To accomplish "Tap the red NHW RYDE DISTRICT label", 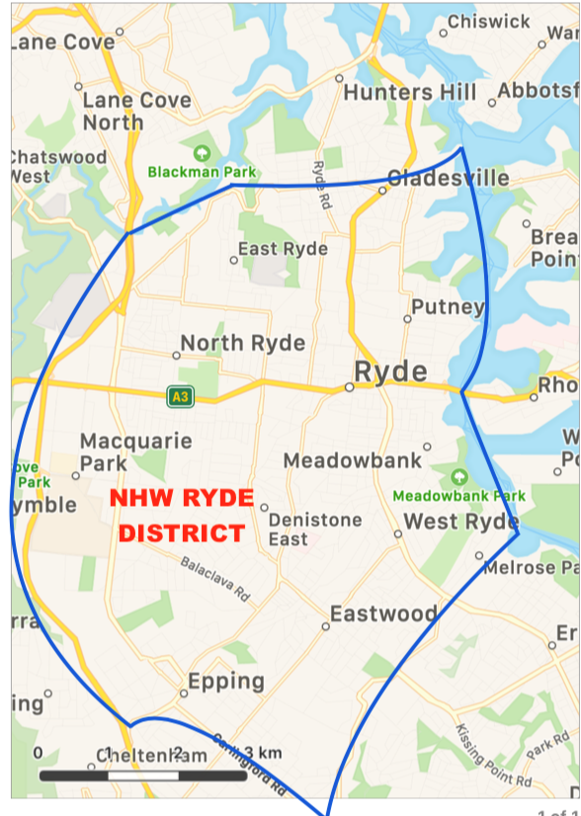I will pyautogui.click(x=182, y=515).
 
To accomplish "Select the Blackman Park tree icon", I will pyautogui.click(x=202, y=152).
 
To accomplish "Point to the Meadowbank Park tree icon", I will pyautogui.click(x=459, y=476).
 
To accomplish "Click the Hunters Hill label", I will pyautogui.click(x=402, y=93).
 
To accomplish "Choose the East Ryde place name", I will pyautogui.click(x=283, y=249).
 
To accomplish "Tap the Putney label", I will pyautogui.click(x=448, y=307).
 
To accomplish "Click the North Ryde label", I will pyautogui.click(x=242, y=344).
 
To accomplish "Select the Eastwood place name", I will pyautogui.click(x=383, y=614).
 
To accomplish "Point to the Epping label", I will pyautogui.click(x=226, y=681).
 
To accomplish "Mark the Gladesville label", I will pyautogui.click(x=449, y=178).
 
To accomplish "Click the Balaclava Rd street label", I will pyautogui.click(x=215, y=577).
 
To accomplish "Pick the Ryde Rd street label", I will pyautogui.click(x=322, y=185).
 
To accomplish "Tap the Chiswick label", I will pyautogui.click(x=489, y=21).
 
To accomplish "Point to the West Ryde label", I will pyautogui.click(x=461, y=521).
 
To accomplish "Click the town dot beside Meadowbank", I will pyautogui.click(x=427, y=447).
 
